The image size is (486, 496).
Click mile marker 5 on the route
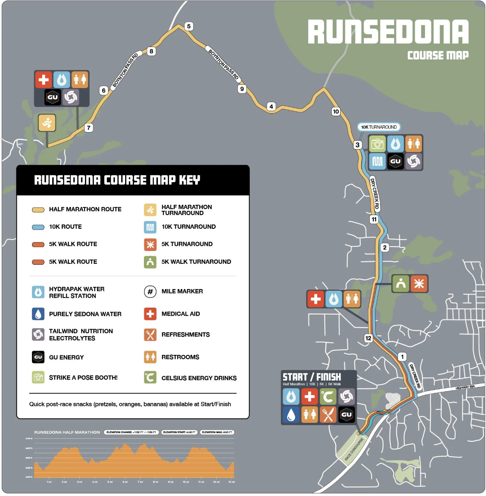[x=189, y=27]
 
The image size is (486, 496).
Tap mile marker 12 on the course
[x=368, y=338]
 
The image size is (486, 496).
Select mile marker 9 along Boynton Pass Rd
[x=242, y=89]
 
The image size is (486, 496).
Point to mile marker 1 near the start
[x=402, y=357]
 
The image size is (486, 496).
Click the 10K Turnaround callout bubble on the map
[x=379, y=127]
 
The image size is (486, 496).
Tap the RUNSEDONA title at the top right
[x=388, y=32]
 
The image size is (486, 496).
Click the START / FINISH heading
[x=312, y=377]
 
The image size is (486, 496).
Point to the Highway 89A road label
[x=465, y=387]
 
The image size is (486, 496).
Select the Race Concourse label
[x=354, y=449]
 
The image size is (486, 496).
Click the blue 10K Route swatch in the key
[x=38, y=227]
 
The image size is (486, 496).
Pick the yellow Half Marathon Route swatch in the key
[x=38, y=210]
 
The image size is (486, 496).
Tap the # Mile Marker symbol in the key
[x=150, y=292]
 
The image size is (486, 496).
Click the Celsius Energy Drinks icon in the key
[x=150, y=378]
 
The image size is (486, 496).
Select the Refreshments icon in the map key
[x=150, y=335]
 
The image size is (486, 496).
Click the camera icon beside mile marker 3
[x=377, y=144]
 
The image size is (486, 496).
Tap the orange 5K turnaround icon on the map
[x=419, y=283]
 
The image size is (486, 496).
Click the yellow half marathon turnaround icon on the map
[x=47, y=123]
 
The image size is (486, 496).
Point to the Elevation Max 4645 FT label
[x=217, y=432]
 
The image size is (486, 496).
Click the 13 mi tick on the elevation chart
[x=231, y=482]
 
